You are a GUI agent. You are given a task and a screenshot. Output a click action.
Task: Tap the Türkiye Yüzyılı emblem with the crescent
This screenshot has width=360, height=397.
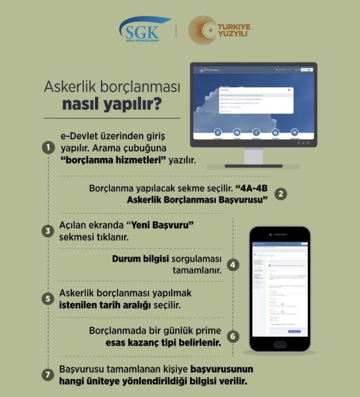pyautogui.click(x=202, y=30)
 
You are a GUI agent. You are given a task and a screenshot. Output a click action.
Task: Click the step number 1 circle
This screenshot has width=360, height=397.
pyautogui.click(x=48, y=148)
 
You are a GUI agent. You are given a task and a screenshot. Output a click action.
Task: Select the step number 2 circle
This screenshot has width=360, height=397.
pyautogui.click(x=281, y=194)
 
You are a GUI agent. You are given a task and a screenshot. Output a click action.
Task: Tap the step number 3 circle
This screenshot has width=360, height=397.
pyautogui.click(x=48, y=231)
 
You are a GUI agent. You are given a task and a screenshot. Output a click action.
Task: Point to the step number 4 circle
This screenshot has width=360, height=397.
pyautogui.click(x=233, y=265)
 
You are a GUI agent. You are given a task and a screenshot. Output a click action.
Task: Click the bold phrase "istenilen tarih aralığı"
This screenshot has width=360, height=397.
pyautogui.click(x=105, y=304)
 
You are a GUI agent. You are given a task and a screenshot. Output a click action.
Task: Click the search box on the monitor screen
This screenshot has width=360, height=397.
pyautogui.click(x=256, y=90)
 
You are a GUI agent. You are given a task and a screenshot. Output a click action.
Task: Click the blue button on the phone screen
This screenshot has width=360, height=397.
pyautogui.click(x=297, y=331)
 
